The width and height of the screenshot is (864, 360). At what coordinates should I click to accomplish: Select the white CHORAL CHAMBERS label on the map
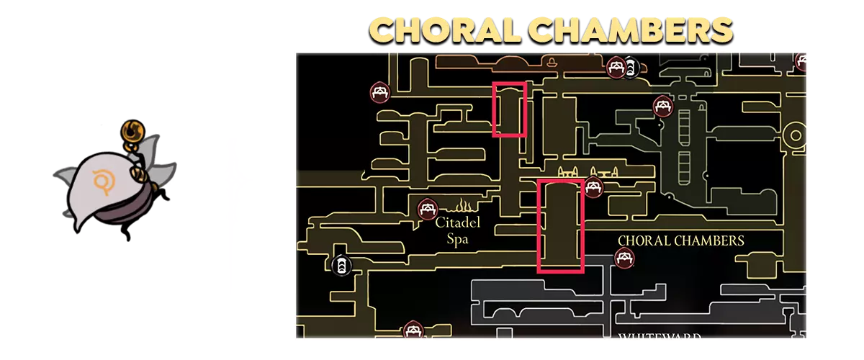click(x=681, y=240)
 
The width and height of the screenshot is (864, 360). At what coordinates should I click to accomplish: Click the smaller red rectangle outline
click(x=509, y=109)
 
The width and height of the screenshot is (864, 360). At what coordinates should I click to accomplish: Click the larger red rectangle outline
click(x=561, y=226)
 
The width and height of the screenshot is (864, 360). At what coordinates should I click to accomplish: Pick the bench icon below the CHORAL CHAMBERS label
click(x=624, y=257)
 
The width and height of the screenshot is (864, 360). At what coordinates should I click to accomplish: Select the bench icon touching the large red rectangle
click(x=593, y=187)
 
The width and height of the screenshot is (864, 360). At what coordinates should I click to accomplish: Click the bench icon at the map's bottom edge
click(x=412, y=330)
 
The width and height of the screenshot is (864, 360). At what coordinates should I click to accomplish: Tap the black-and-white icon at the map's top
click(x=631, y=68)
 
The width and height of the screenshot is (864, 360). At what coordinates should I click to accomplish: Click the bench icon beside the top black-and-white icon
click(x=616, y=68)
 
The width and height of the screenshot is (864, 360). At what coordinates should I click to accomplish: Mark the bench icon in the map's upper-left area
click(x=380, y=92)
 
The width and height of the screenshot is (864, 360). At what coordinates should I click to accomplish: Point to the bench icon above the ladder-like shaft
click(x=663, y=107)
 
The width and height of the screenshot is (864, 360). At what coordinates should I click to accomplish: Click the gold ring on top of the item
click(x=133, y=131)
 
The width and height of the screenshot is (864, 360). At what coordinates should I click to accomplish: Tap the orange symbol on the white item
click(x=104, y=179)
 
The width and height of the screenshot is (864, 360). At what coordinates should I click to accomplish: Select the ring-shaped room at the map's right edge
click(x=796, y=134)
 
